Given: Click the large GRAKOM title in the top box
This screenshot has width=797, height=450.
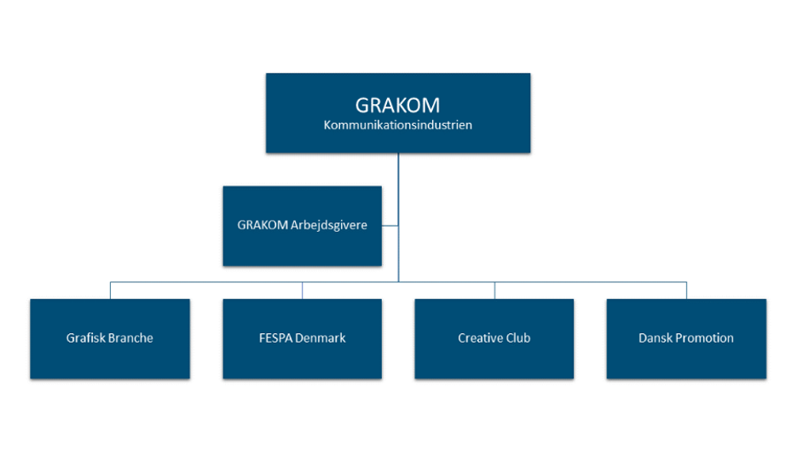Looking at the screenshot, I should [x=397, y=105].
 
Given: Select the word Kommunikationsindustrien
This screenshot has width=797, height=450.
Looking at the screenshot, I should [x=397, y=125].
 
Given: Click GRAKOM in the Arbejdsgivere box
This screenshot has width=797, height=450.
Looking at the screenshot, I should [x=263, y=226].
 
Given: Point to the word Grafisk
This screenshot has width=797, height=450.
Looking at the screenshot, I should [x=85, y=338].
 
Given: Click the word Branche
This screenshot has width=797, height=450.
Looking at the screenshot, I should [x=130, y=338].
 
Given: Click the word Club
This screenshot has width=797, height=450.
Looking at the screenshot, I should [x=518, y=338].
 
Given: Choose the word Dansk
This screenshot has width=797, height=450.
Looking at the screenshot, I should [x=656, y=338].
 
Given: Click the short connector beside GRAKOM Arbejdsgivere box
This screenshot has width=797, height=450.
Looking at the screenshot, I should [x=390, y=226].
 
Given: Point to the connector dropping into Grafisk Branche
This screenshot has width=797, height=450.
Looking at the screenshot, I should [x=110, y=290].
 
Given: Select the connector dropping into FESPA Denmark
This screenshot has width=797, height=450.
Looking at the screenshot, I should [x=303, y=290].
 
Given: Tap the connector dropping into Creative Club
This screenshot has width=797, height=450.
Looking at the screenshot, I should [x=494, y=290].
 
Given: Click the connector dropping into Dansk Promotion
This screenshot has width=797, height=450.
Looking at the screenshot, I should [x=686, y=290].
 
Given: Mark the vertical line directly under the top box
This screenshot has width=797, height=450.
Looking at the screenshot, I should [x=398, y=170].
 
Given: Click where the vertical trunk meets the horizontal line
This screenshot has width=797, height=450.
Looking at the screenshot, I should [x=398, y=281].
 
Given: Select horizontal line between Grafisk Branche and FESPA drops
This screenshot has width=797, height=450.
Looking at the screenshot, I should [x=206, y=281].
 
